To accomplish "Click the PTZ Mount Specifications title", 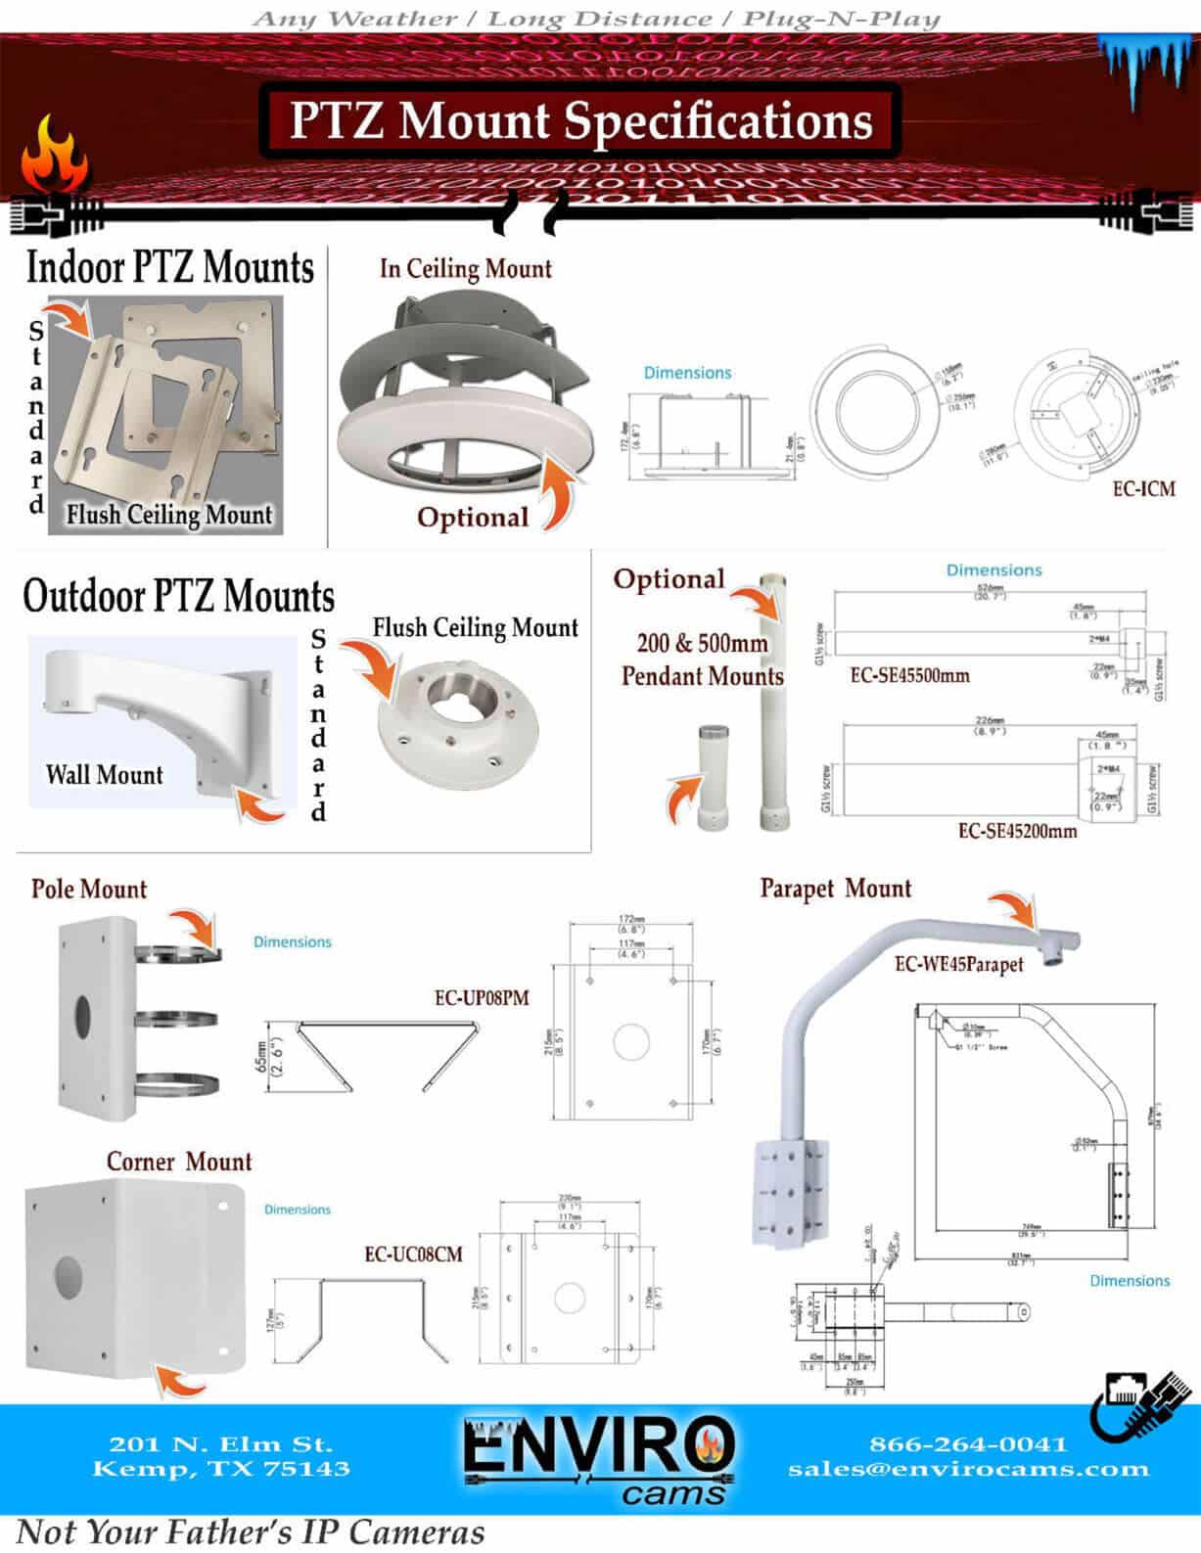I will click(x=580, y=120).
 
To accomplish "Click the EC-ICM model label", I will click(x=1143, y=487).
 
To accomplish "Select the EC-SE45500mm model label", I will click(x=909, y=675).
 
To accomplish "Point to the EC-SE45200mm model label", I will click(x=1017, y=831).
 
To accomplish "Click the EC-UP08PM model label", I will click(x=482, y=998).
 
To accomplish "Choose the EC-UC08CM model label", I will click(x=413, y=1255).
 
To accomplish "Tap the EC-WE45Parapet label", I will click(x=958, y=964).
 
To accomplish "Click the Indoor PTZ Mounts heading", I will click(x=169, y=267).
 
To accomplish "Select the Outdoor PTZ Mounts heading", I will click(x=178, y=596).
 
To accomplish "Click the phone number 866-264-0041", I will click(x=967, y=1443).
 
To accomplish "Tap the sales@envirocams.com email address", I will click(x=968, y=1469).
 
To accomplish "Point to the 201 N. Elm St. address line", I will click(x=221, y=1443).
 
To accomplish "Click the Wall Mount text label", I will click(x=104, y=775).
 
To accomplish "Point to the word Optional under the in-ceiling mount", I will click(x=473, y=517).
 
